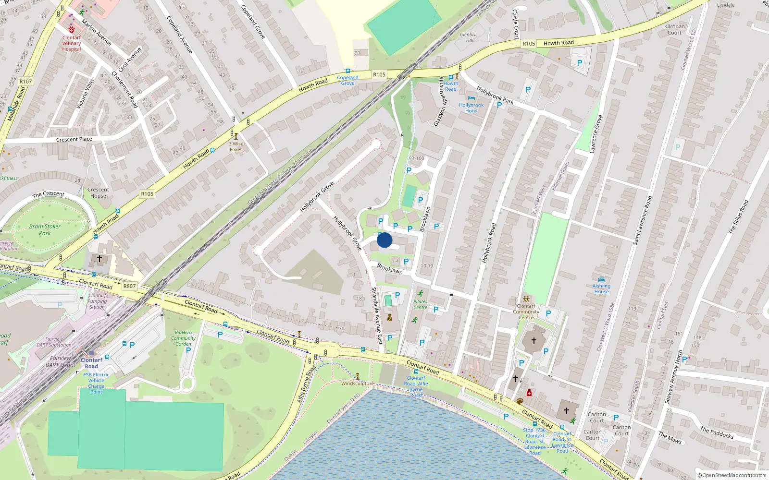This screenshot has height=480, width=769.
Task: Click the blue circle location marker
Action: tap(384, 240)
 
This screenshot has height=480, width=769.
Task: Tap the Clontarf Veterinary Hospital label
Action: tap(72, 43)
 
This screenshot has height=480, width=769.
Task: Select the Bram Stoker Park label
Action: tap(45, 230)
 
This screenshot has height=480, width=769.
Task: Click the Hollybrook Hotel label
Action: tap(471, 108)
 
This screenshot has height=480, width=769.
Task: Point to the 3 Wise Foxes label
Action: tap(236, 146)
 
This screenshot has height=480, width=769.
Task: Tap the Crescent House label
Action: tap(98, 192)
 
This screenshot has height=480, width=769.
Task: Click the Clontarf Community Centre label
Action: tap(526, 312)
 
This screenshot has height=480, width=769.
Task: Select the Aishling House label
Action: tap(601, 288)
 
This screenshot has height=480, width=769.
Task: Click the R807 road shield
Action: tap(129, 286)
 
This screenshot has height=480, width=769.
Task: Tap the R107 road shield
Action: tap(26, 82)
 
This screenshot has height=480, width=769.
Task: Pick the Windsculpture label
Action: tap(357, 384)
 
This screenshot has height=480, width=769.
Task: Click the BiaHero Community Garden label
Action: tap(183, 338)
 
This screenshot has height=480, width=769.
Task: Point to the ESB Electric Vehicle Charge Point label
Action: tap(96, 383)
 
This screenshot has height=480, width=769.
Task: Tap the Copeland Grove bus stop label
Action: tap(347, 80)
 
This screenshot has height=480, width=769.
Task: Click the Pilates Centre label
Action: tap(420, 304)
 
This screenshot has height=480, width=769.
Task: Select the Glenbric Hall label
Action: tap(469, 37)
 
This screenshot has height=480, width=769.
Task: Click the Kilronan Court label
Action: tap(674, 30)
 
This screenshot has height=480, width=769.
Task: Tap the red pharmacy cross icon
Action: tap(529, 393)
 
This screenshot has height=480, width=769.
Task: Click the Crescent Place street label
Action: tap(74, 140)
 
